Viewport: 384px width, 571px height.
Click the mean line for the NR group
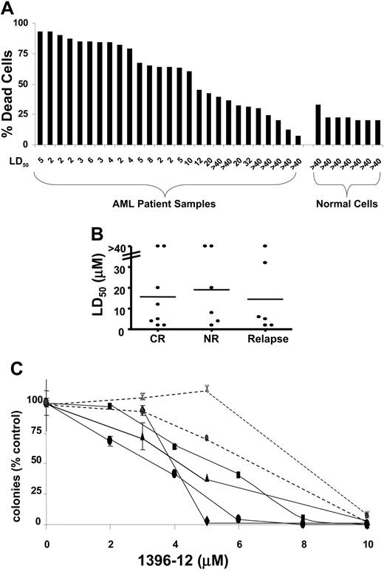click(x=210, y=289)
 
